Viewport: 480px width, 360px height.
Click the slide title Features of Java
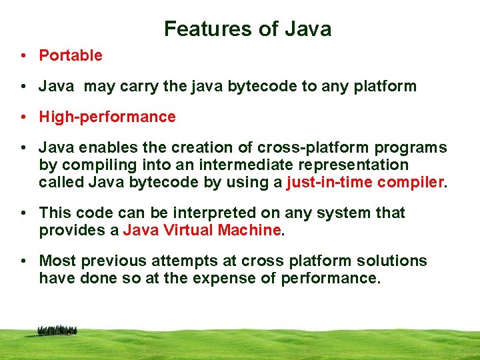pyautogui.click(x=247, y=29)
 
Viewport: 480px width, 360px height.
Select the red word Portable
pyautogui.click(x=71, y=56)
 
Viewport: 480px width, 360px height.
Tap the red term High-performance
pyautogui.click(x=107, y=117)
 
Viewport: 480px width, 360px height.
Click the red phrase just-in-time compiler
pyautogui.click(x=365, y=182)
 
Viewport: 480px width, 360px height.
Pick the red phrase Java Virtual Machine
pyautogui.click(x=202, y=231)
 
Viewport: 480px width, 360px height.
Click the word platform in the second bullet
pyautogui.click(x=386, y=87)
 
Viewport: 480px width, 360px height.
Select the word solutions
pyautogui.click(x=389, y=261)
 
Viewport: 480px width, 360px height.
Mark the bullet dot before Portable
pyautogui.click(x=23, y=56)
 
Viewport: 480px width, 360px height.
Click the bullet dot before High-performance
pyautogui.click(x=23, y=117)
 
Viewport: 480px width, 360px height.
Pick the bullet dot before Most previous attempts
pyautogui.click(x=23, y=261)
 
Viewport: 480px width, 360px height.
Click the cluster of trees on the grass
pyautogui.click(x=57, y=330)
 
